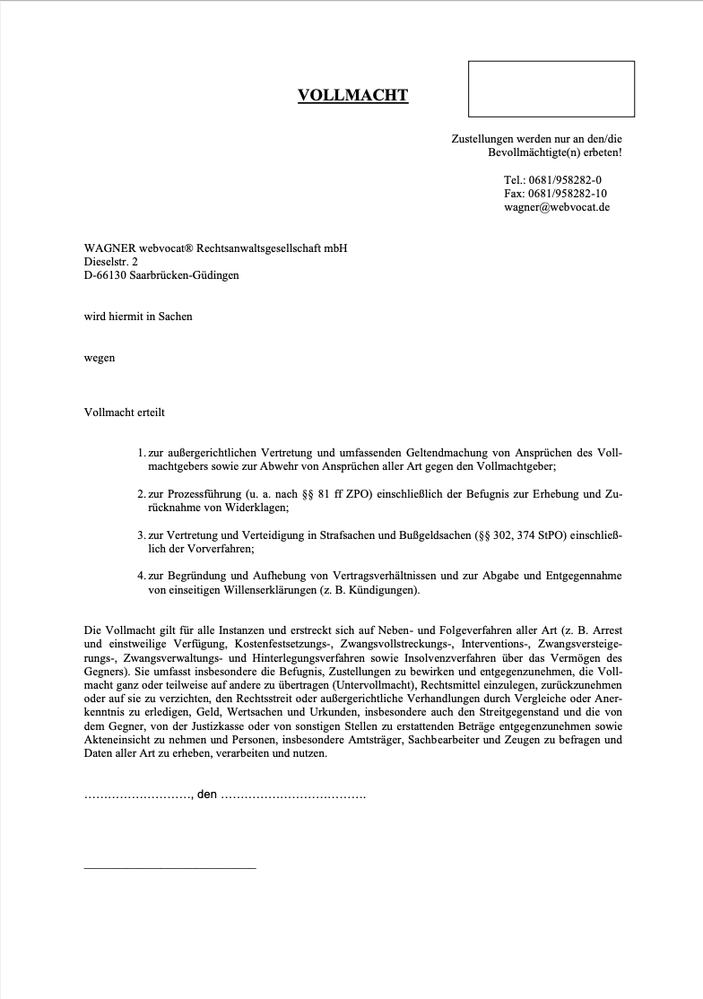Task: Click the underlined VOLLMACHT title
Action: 352,95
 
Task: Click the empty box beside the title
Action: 551,88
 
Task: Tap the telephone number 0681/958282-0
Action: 565,179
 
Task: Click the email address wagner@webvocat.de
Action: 557,206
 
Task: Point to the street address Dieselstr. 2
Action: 111,262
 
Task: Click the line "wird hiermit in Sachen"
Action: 138,317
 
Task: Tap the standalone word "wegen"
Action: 100,358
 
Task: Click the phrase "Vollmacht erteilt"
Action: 125,413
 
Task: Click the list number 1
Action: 142,454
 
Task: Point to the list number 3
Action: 142,535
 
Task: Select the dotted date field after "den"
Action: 292,795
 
